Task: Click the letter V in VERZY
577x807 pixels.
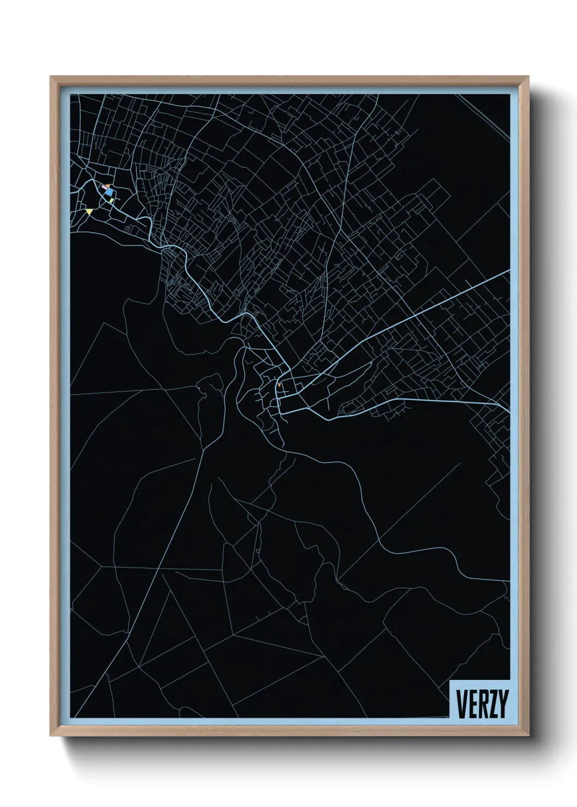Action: [x=461, y=704]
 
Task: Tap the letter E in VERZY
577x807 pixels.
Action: [x=472, y=704]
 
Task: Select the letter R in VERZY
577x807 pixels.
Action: [x=482, y=704]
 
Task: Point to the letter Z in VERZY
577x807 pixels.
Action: [x=492, y=704]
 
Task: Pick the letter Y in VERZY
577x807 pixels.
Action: [x=502, y=704]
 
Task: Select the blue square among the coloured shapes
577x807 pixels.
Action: [x=110, y=192]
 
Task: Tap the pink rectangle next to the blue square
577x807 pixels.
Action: [x=103, y=187]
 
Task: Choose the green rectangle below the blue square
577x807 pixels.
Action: [x=112, y=200]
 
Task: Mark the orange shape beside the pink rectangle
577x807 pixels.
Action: [x=108, y=186]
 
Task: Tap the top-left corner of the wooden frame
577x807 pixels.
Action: [x=51, y=77]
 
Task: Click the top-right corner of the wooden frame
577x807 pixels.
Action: [x=529, y=77]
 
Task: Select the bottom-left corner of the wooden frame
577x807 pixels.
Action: [x=51, y=736]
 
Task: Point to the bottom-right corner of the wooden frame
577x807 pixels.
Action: [x=529, y=736]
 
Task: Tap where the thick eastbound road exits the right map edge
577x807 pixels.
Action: [x=509, y=408]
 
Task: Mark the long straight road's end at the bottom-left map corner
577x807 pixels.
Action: [x=74, y=716]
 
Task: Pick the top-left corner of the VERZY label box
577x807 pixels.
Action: [x=449, y=680]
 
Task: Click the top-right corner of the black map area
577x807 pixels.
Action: [x=509, y=94]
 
